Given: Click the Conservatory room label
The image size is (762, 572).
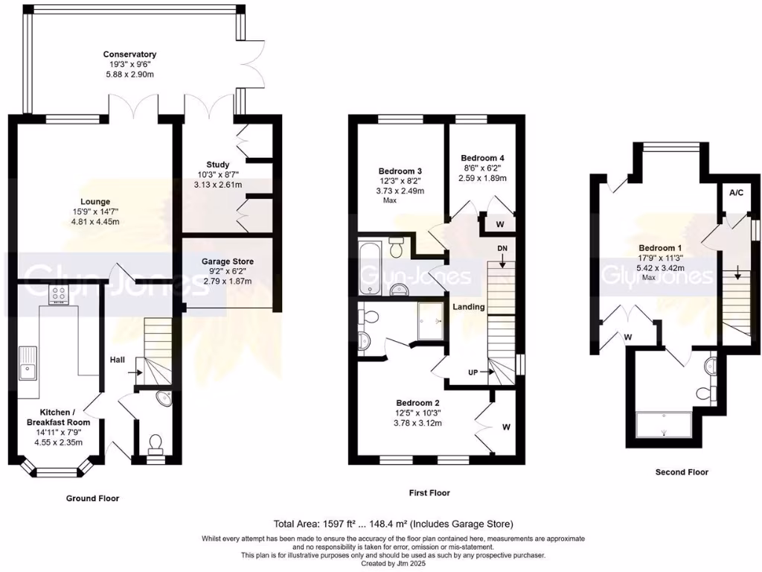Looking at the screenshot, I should [129, 54].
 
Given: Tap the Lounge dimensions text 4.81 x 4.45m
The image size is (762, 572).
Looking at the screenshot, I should [95, 222].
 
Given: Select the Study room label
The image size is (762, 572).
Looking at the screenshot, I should [218, 165].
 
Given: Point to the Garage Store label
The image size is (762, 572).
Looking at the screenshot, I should [228, 261].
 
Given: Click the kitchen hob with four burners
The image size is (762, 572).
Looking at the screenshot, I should [59, 295].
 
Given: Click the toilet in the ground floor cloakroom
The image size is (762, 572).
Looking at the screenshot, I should [156, 445].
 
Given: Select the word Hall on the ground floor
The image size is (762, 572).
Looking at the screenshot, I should [118, 360].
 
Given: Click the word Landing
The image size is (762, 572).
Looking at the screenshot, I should [469, 307].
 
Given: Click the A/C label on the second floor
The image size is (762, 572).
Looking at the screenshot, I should [736, 192].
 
